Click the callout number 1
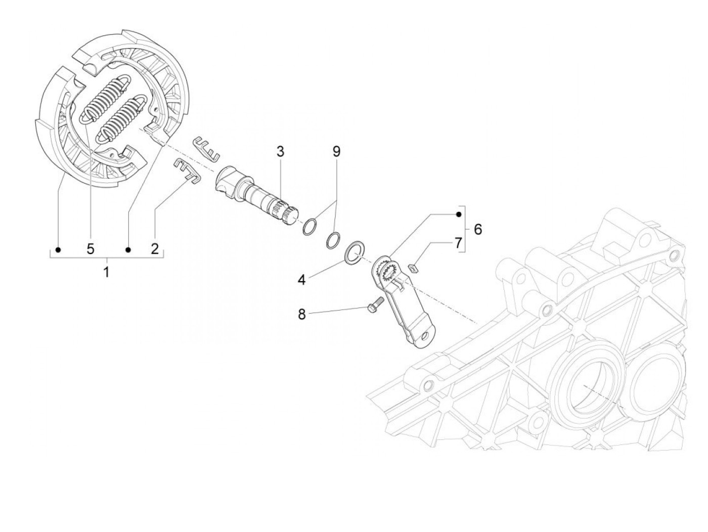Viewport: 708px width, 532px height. tap(106, 272)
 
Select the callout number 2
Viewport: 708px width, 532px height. tap(155, 248)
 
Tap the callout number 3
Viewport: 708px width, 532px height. tap(280, 151)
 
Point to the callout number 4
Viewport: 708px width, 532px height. tap(302, 280)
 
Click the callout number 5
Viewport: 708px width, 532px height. tap(91, 248)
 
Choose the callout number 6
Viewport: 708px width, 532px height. tap(477, 229)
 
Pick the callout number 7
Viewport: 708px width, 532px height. tap(458, 243)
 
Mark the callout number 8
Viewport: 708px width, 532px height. tap(302, 314)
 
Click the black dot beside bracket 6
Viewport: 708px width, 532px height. tap(459, 214)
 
